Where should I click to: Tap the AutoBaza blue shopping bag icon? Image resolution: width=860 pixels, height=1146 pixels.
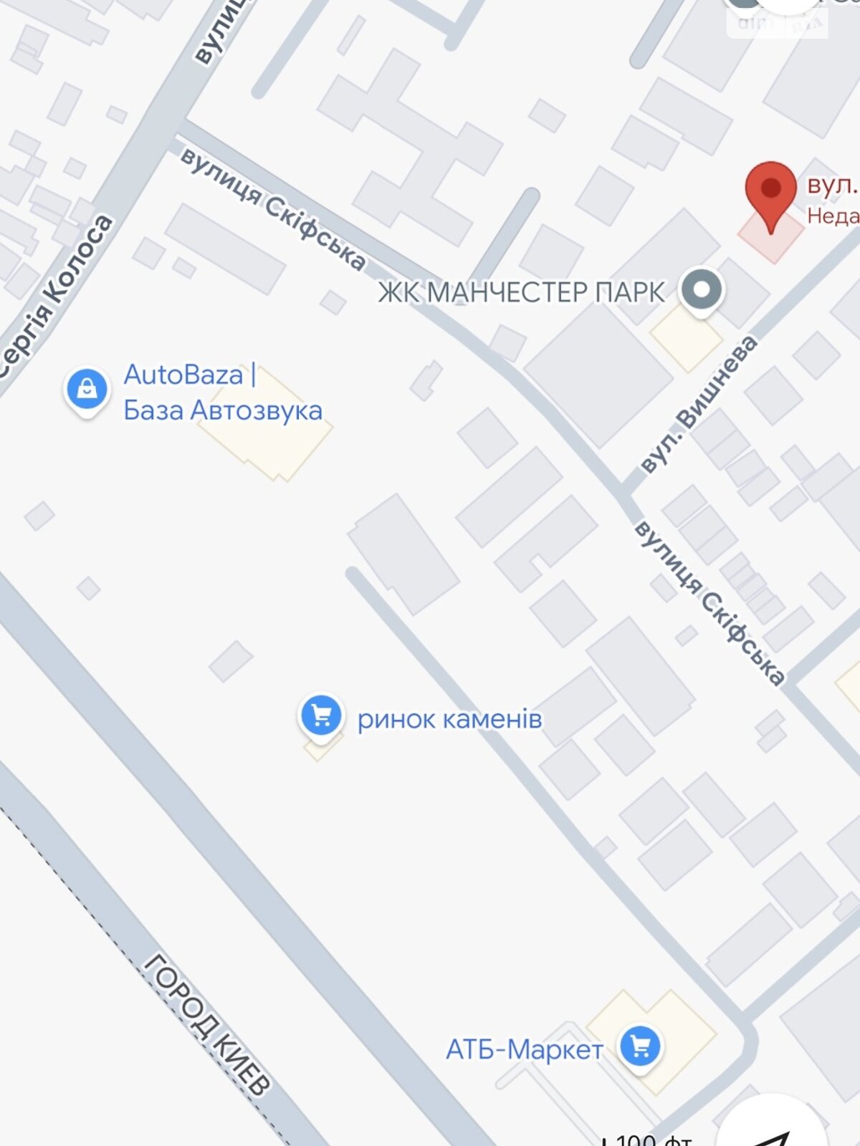(x=87, y=389)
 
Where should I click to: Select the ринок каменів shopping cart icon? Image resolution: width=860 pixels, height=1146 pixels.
(x=320, y=715)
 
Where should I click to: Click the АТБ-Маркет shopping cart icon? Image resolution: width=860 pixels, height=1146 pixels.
(x=640, y=1047)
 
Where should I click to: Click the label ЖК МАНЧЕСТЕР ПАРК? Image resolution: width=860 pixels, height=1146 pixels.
(x=521, y=292)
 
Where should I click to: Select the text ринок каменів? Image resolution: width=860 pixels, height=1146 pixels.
(x=449, y=718)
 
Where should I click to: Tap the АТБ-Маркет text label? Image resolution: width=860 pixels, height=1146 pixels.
(x=524, y=1050)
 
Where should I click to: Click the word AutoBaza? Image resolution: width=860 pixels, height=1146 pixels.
(x=183, y=375)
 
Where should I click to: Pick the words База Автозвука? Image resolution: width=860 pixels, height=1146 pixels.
(x=222, y=410)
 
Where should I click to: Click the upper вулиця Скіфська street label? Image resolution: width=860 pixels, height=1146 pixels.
(x=272, y=208)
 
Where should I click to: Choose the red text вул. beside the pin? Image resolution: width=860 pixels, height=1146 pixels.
(x=831, y=185)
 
